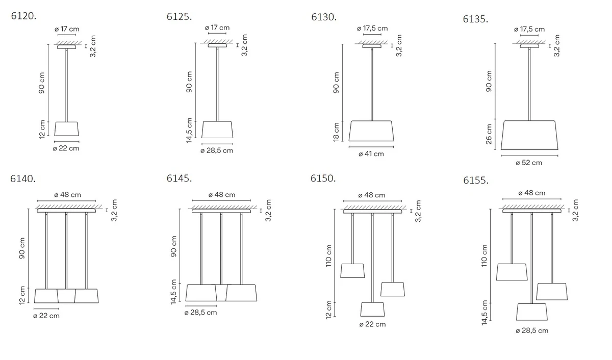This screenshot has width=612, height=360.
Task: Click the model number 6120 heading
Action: (23, 16)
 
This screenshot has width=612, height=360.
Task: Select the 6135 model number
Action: (475, 19)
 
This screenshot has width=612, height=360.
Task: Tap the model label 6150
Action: (323, 178)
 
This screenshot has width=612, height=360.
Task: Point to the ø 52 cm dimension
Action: (529, 163)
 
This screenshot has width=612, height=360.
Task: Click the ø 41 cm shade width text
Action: (371, 154)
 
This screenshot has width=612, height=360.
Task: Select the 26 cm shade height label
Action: (489, 134)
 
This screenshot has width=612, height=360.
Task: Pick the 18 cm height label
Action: (336, 132)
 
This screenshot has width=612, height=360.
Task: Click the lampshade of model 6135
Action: (529, 135)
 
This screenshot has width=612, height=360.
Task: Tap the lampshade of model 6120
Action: (66, 128)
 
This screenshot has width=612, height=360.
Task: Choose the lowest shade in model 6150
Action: (372, 309)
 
